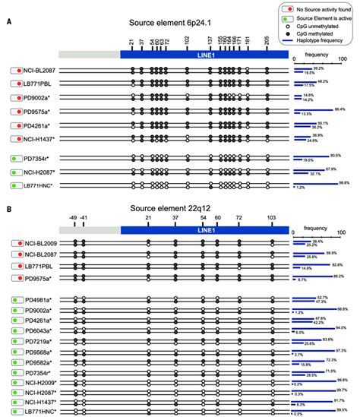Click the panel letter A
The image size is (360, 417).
click(x=7, y=23)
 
